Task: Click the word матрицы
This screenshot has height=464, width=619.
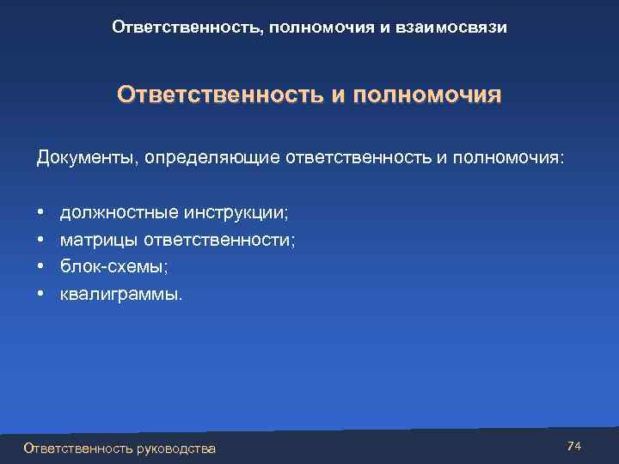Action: click(97, 239)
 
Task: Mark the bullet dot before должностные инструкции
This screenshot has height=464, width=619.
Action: click(40, 211)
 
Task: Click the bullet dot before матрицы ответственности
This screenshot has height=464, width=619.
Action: click(40, 239)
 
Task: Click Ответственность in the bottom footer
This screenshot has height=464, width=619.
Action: click(78, 448)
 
